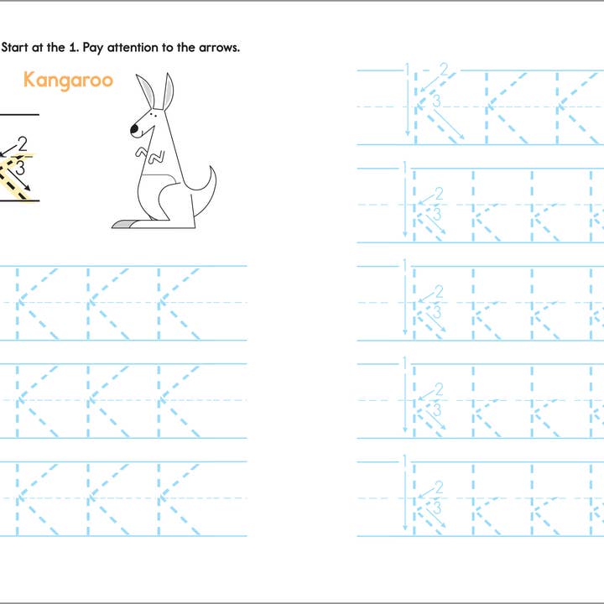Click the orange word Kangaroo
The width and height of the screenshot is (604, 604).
click(x=68, y=81)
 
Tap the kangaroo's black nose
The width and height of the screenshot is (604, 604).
click(x=133, y=129)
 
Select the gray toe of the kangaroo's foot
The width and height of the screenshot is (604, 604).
click(x=122, y=224)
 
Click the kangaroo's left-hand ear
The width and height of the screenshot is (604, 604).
click(x=146, y=91)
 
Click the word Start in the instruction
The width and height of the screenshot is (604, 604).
click(x=18, y=47)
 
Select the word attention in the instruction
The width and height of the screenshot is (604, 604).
click(x=138, y=47)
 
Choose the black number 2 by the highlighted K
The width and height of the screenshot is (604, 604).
click(x=22, y=143)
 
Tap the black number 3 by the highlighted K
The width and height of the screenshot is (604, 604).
click(x=19, y=168)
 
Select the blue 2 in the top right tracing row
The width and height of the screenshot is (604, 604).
click(x=444, y=70)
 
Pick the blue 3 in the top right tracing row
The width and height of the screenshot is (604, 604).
click(x=436, y=101)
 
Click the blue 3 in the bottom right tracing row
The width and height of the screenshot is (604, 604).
click(x=436, y=508)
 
